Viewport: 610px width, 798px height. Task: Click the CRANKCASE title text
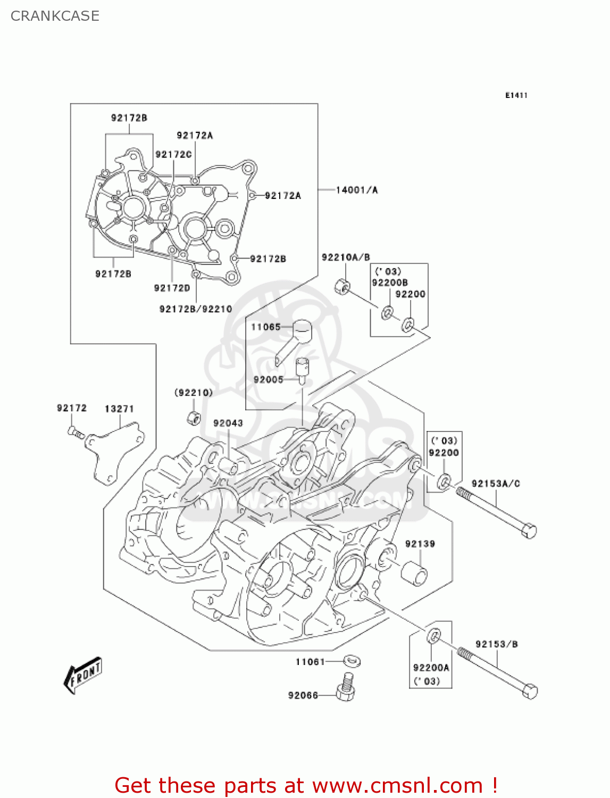coord(55,16)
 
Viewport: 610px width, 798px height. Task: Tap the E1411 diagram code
coord(516,95)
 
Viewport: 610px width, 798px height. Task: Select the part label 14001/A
coord(356,190)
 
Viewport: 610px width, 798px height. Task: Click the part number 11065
coord(265,327)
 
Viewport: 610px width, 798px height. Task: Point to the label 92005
coord(268,379)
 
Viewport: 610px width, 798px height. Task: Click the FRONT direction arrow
coord(82,676)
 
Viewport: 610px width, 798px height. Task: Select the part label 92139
coord(420,544)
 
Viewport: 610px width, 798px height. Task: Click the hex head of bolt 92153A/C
coord(529,530)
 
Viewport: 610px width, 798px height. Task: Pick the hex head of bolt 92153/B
coord(530,691)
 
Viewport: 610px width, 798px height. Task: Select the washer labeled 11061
coord(352,661)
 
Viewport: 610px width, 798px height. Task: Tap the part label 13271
coord(119,409)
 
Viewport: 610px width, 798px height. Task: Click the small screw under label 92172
coord(76,432)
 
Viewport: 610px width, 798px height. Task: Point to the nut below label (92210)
coord(194,418)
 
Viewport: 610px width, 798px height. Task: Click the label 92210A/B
coord(346,257)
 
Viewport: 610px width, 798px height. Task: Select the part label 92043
coord(228,423)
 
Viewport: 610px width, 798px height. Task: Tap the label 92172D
coord(172,288)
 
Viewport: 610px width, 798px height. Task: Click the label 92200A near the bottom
coord(431,668)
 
